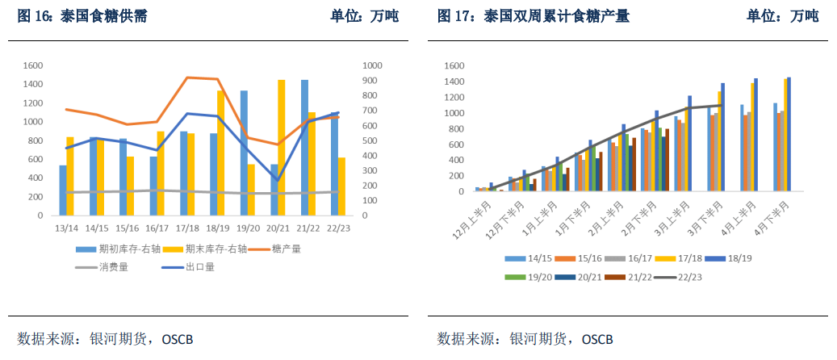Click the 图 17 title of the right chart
(x=534, y=16)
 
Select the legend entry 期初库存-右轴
(x=117, y=249)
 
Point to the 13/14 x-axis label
(x=66, y=228)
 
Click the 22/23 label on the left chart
(x=338, y=228)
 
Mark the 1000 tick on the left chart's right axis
(x=372, y=65)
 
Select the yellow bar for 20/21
(x=282, y=148)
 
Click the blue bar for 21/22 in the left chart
(x=304, y=148)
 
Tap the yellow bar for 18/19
(x=220, y=153)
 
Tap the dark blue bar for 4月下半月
(x=789, y=135)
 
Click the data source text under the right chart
(x=525, y=337)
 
